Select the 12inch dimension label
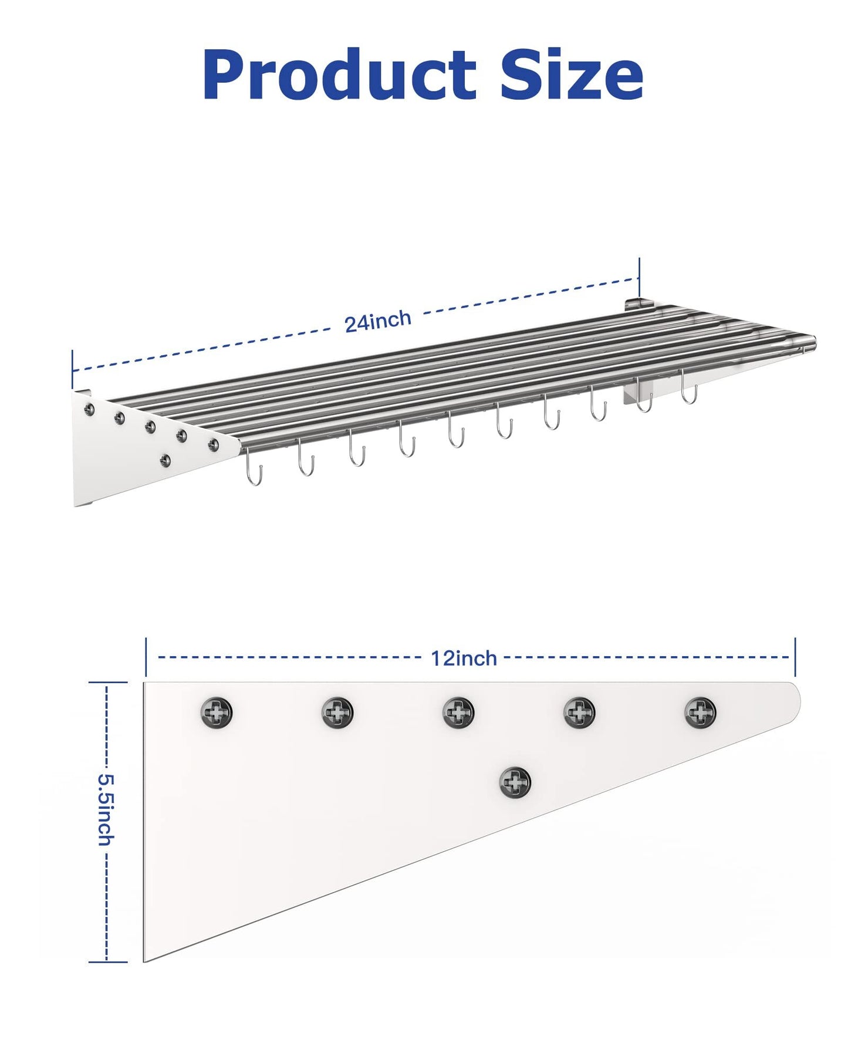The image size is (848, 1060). [464, 658]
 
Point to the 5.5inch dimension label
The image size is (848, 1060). [106, 810]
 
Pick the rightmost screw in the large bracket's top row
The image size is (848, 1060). [700, 712]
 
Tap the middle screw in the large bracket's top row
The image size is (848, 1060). [458, 712]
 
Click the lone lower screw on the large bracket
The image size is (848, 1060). [515, 782]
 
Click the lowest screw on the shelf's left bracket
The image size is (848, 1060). [166, 460]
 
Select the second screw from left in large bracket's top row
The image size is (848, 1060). [337, 712]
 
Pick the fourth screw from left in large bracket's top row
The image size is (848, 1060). [579, 712]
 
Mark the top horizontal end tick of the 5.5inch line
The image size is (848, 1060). [107, 683]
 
